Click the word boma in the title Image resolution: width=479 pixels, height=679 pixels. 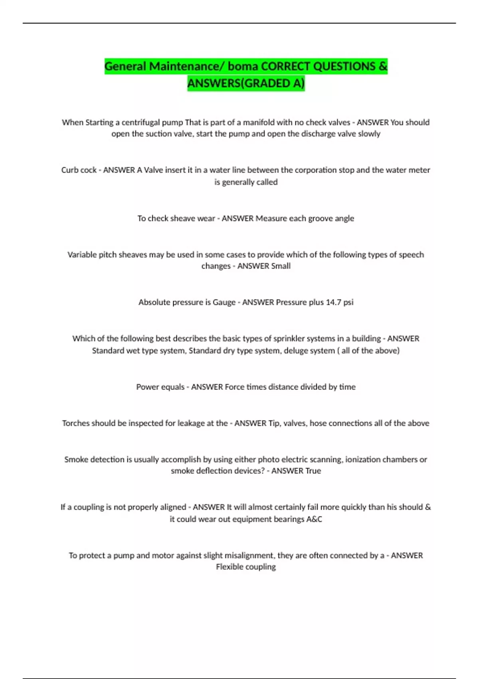243,66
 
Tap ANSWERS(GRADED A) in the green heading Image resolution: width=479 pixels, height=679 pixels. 246,83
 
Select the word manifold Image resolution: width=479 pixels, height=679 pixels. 261,123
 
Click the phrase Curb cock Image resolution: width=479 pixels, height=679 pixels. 79,170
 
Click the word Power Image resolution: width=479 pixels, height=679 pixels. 147,387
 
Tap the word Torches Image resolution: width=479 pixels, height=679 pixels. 75,423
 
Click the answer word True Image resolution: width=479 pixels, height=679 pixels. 313,471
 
